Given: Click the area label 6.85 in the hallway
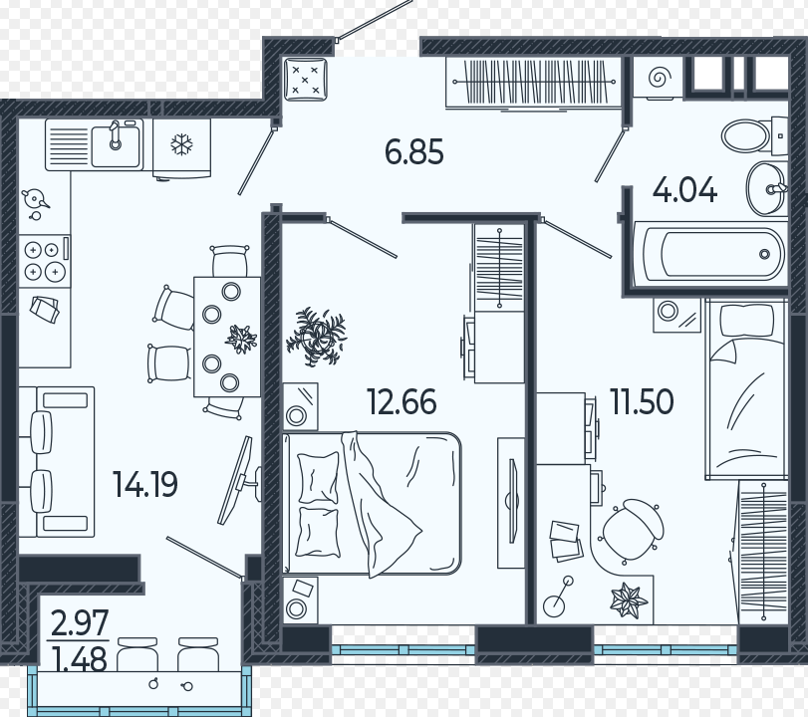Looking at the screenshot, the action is (414, 152).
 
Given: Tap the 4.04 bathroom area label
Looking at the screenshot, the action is (684, 190).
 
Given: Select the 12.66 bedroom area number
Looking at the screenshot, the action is (402, 401).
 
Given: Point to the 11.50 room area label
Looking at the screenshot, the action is (642, 401).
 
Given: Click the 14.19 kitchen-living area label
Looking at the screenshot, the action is (145, 484).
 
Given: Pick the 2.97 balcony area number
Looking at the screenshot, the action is (80, 623).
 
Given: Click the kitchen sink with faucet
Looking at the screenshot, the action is (116, 145).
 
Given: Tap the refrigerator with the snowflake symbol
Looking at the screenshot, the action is (182, 148).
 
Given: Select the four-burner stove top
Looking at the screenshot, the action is (44, 262).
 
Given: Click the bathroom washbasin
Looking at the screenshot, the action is (766, 188).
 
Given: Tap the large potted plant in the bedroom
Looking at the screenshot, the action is (316, 337).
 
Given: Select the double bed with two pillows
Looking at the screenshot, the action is (372, 503).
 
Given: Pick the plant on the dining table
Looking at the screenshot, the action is (241, 339).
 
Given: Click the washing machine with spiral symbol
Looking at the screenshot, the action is (658, 79).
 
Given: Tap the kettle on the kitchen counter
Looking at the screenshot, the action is (34, 199).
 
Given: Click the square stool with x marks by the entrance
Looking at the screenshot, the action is (305, 79).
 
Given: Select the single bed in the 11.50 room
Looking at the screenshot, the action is (745, 389).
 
